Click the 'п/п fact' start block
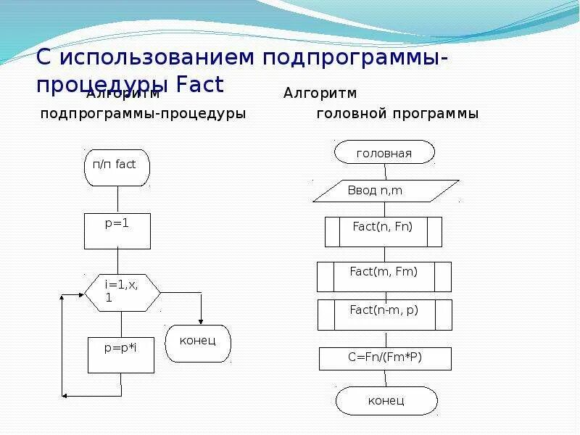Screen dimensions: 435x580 pyautogui.click(x=116, y=166)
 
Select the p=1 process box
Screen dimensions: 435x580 pyautogui.click(x=117, y=231)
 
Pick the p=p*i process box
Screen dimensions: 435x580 pyautogui.click(x=120, y=355)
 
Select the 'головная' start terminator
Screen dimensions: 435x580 pyautogui.click(x=384, y=153)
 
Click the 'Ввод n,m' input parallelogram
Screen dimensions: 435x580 pyautogui.click(x=385, y=191)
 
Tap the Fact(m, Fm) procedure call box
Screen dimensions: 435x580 pyautogui.click(x=384, y=276)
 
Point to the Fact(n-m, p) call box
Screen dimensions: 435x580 pyautogui.click(x=384, y=315)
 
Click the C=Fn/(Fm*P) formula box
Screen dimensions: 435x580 pyautogui.click(x=385, y=358)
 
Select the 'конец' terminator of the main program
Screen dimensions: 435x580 pyautogui.click(x=386, y=400)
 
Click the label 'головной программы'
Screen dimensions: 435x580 pyautogui.click(x=397, y=114)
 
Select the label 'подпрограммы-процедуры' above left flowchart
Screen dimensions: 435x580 pyautogui.click(x=143, y=114)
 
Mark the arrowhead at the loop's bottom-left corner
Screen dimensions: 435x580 pyautogui.click(x=66, y=396)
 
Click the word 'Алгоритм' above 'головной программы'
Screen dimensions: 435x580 pyautogui.click(x=320, y=94)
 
